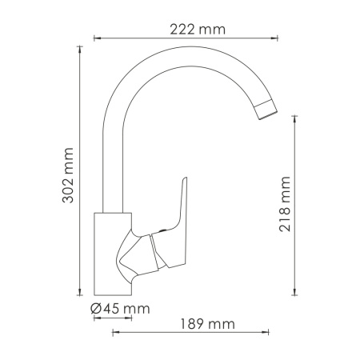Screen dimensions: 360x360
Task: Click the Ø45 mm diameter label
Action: pos(120,309)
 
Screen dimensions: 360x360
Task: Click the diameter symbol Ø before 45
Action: pos(95,309)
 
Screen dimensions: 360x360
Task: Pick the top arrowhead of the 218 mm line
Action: pos(298,124)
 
